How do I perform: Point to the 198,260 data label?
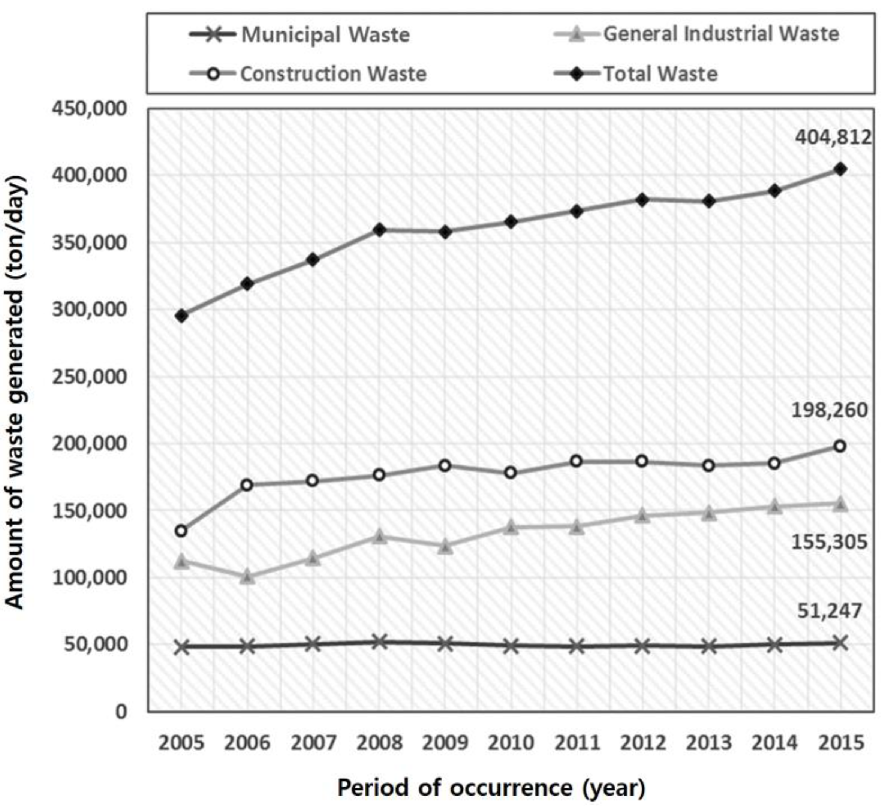pos(829,410)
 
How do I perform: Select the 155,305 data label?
pos(829,542)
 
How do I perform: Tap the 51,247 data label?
pos(829,611)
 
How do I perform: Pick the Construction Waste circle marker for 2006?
pos(247,485)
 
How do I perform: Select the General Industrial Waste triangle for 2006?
pos(247,576)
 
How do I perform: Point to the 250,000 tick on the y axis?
pos(90,377)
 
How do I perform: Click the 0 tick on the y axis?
pos(121,712)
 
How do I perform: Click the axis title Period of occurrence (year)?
pos(491,788)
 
